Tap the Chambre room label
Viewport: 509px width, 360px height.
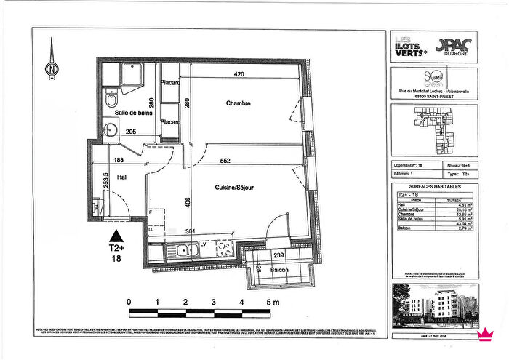click(237, 103)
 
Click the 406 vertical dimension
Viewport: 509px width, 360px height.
click(188, 203)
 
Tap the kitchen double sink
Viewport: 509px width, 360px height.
click(187, 251)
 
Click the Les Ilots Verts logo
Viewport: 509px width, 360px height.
click(409, 45)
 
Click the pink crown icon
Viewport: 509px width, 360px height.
click(481, 335)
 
